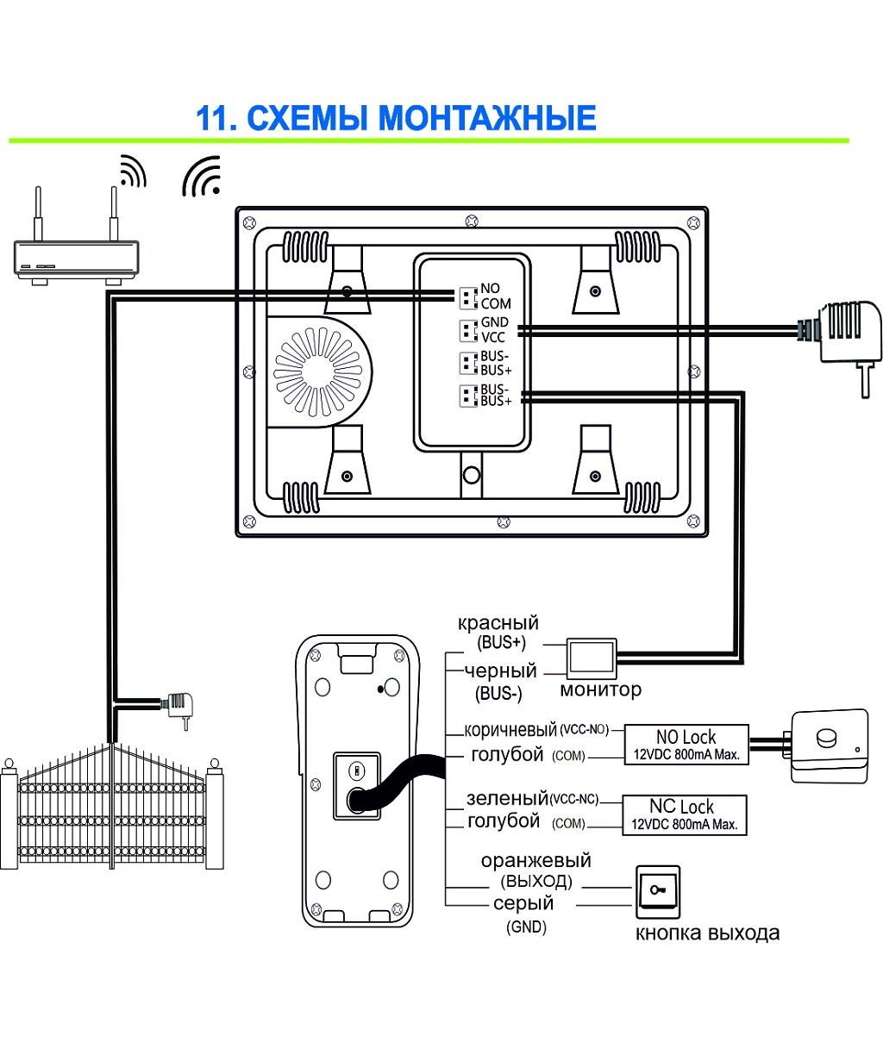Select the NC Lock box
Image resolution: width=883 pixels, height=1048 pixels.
tap(684, 814)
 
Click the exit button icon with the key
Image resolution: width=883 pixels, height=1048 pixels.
tap(658, 889)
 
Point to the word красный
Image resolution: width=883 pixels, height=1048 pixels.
tap(498, 623)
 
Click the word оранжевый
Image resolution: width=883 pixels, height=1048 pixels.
tap(535, 861)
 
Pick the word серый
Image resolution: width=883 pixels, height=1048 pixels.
tap(523, 904)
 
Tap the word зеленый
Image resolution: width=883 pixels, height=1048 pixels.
tap(507, 799)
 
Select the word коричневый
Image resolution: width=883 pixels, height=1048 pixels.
tap(510, 730)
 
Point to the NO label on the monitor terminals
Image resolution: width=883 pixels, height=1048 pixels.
tap(490, 289)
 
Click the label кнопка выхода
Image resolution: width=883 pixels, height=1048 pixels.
tap(707, 933)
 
